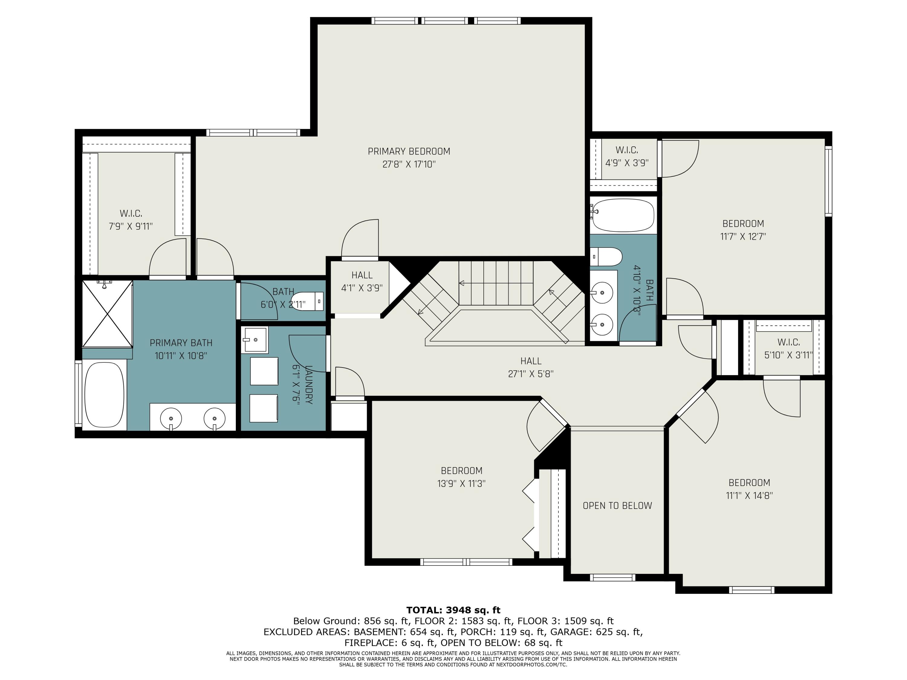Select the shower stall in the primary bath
pos(107,314)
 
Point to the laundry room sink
pos(255,340)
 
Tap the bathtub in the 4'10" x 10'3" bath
pos(623,215)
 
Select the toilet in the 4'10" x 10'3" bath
pos(606,257)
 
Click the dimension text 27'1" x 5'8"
pos(531,374)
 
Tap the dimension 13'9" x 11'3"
pos(461,484)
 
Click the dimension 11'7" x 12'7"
pos(743,237)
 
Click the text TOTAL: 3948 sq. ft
pos(453,610)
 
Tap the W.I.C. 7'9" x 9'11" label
pos(131,220)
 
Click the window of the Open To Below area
pos(613,578)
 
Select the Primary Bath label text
pos(181,343)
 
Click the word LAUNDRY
pos(309,384)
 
